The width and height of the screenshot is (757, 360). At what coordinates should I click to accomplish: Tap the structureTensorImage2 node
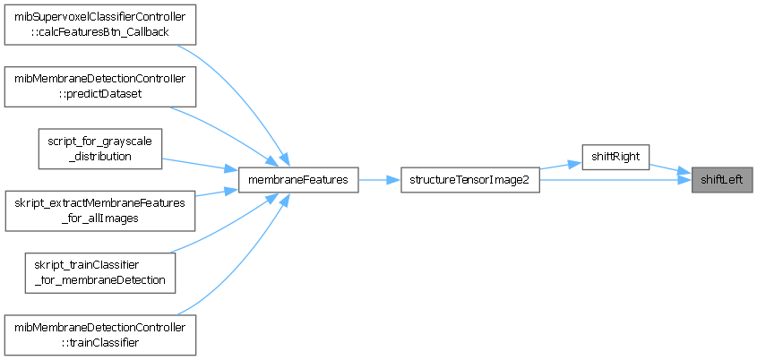(469, 179)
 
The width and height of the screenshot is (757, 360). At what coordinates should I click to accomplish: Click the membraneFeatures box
(298, 179)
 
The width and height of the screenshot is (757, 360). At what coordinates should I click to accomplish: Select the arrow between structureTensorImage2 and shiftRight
(560, 164)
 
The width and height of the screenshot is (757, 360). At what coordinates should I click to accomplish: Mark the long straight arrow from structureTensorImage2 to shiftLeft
(618, 180)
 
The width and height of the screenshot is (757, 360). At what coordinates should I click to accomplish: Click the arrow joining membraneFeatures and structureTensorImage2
(379, 180)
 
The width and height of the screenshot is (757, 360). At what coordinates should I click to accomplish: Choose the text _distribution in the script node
(99, 156)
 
